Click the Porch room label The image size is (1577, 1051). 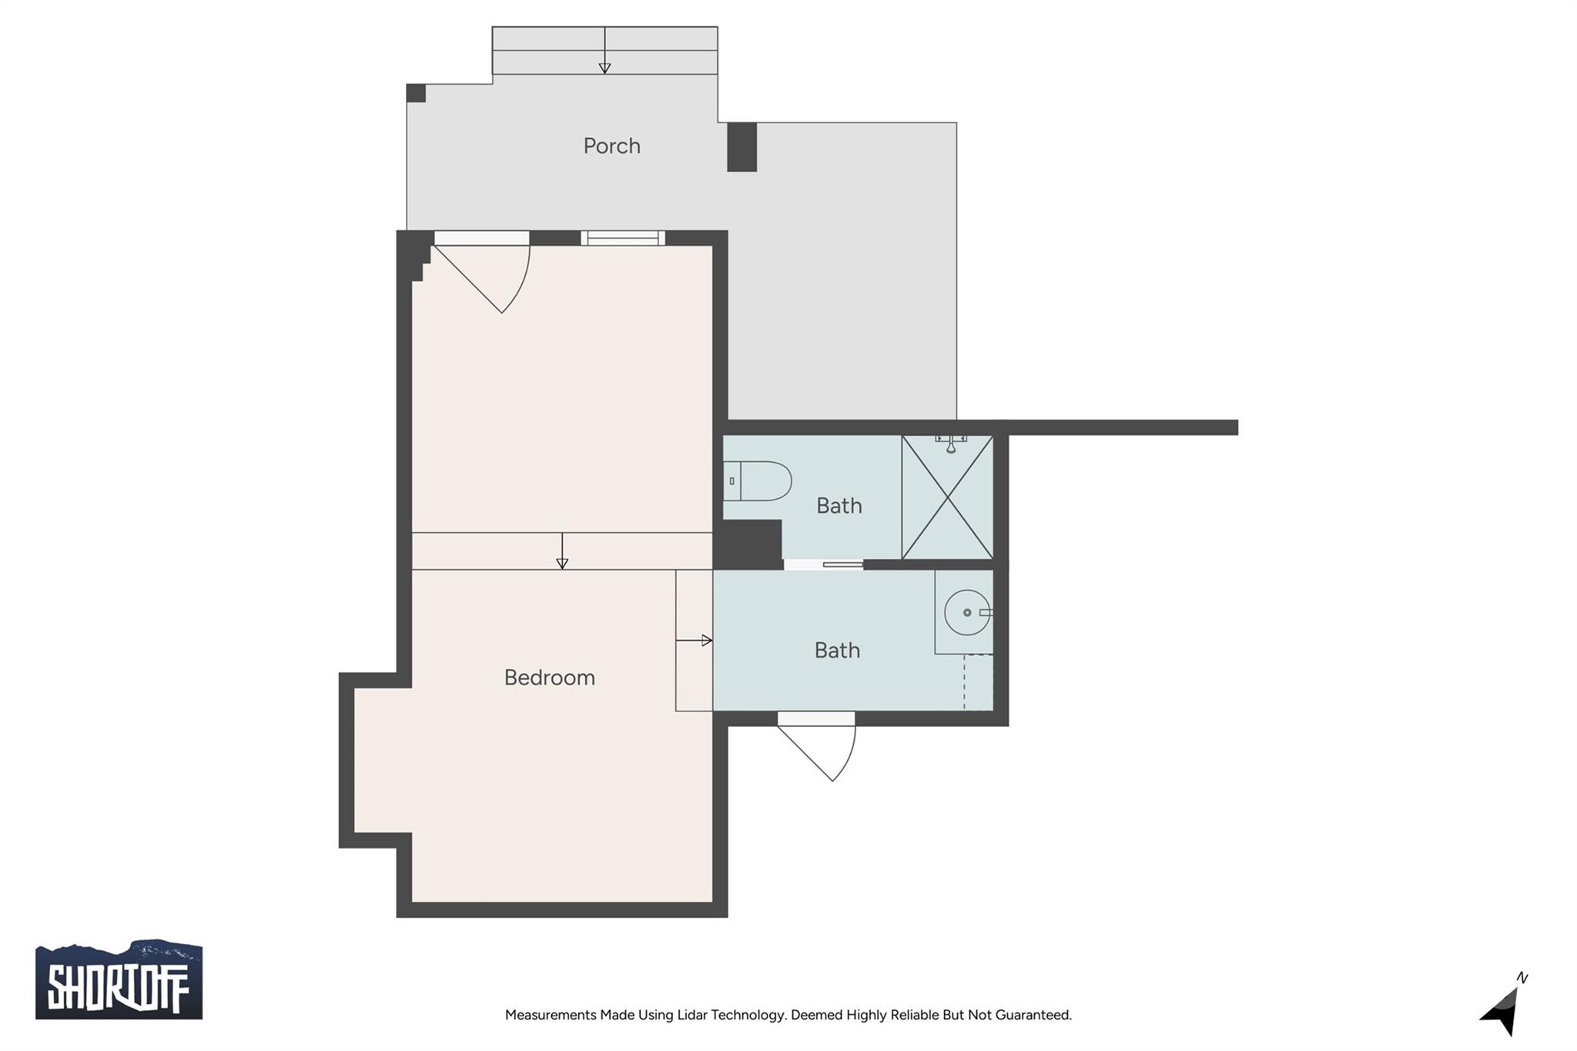[x=611, y=146]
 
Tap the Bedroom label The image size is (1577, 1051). [x=549, y=678]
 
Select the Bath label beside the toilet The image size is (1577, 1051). [x=839, y=506]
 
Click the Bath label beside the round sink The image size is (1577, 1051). [x=837, y=651]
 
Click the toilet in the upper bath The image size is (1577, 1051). [x=757, y=481]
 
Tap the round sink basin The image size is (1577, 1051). [x=967, y=613]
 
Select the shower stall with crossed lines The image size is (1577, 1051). [x=947, y=497]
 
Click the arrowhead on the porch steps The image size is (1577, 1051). [x=604, y=69]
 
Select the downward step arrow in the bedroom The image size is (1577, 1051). [x=562, y=551]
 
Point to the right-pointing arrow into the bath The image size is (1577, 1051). [x=694, y=640]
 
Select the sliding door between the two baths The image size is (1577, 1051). [x=823, y=564]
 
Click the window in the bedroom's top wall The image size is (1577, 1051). [x=623, y=238]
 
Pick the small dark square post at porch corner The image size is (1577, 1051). [x=416, y=93]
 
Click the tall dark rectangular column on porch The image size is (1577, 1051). [x=742, y=147]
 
